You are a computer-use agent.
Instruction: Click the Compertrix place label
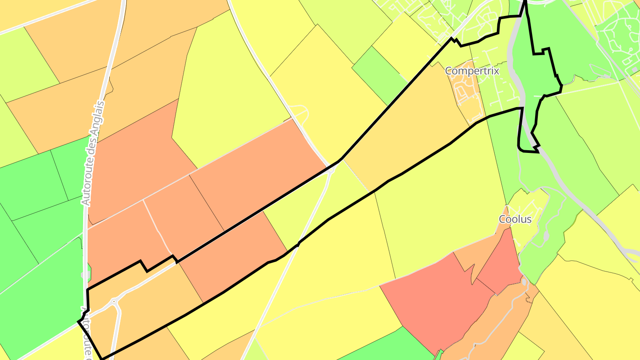[x=472, y=71]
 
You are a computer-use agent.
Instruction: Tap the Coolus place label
[x=515, y=219]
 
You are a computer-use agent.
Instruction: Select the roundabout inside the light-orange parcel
[x=114, y=301]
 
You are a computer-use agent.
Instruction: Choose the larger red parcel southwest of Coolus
[x=433, y=298]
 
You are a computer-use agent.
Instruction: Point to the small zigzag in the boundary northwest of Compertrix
[x=456, y=41]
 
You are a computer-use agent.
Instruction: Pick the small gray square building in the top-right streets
[x=632, y=70]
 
